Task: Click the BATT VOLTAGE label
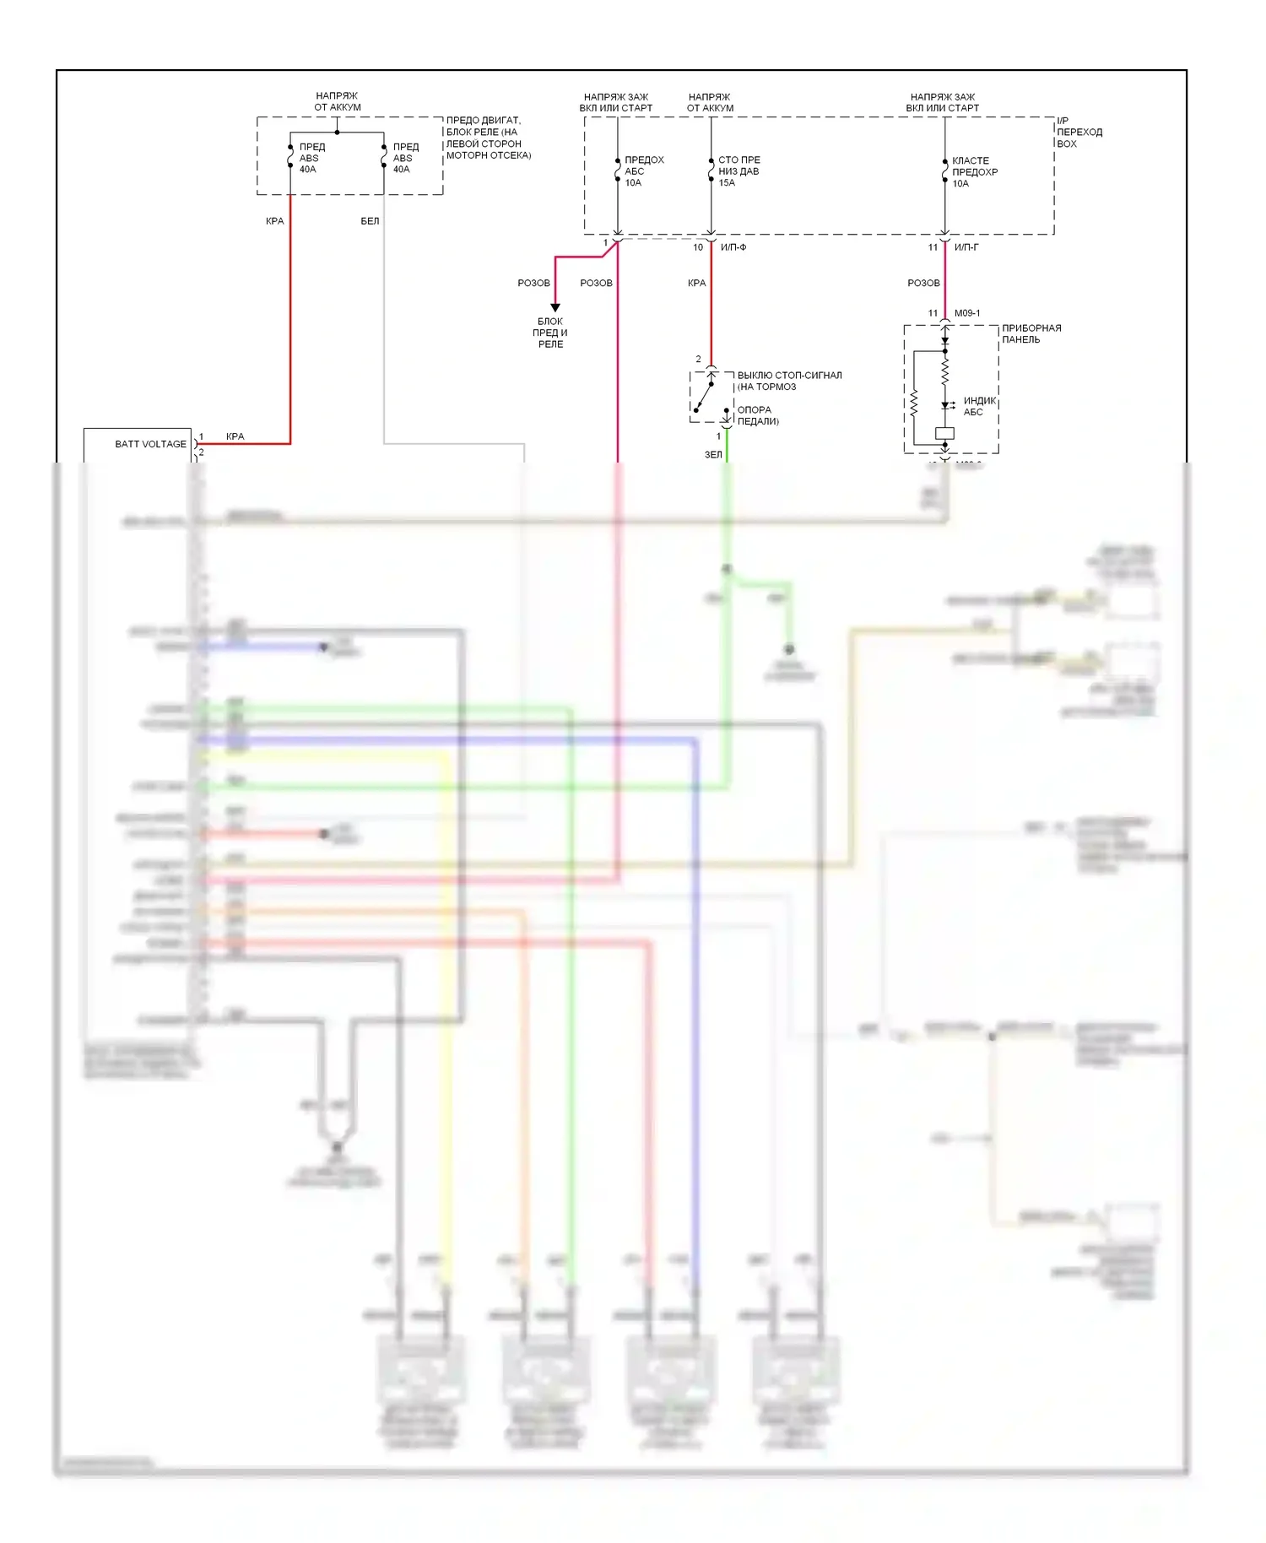pos(150,444)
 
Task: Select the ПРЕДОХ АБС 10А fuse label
pos(643,171)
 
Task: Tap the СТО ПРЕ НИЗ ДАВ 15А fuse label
pos(738,171)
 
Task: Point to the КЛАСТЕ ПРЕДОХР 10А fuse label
pos(974,172)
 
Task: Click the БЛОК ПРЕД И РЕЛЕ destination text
pos(550,333)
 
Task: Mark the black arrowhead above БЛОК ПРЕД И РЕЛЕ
pos(555,307)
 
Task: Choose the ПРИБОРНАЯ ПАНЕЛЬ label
pos(1031,333)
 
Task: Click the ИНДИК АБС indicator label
pos(979,406)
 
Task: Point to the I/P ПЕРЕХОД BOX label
pos(1079,132)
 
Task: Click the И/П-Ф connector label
pos(733,247)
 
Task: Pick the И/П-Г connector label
pos(966,247)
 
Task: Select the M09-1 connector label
pos(967,313)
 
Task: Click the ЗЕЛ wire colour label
pos(713,454)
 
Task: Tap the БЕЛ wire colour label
pos(370,221)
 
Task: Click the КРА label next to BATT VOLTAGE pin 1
pos(235,436)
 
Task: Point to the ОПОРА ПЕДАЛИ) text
pos(757,415)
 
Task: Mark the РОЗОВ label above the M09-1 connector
pos(923,283)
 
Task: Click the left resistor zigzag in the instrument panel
pos(913,403)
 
